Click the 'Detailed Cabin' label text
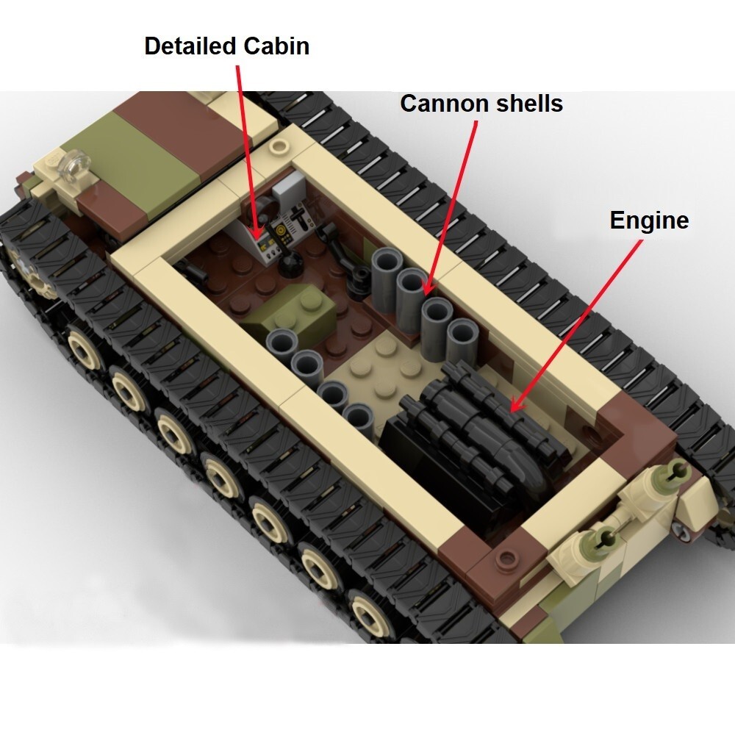226,46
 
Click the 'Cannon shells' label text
481,104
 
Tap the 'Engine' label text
649,220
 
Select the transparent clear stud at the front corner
73,165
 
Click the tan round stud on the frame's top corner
278,145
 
